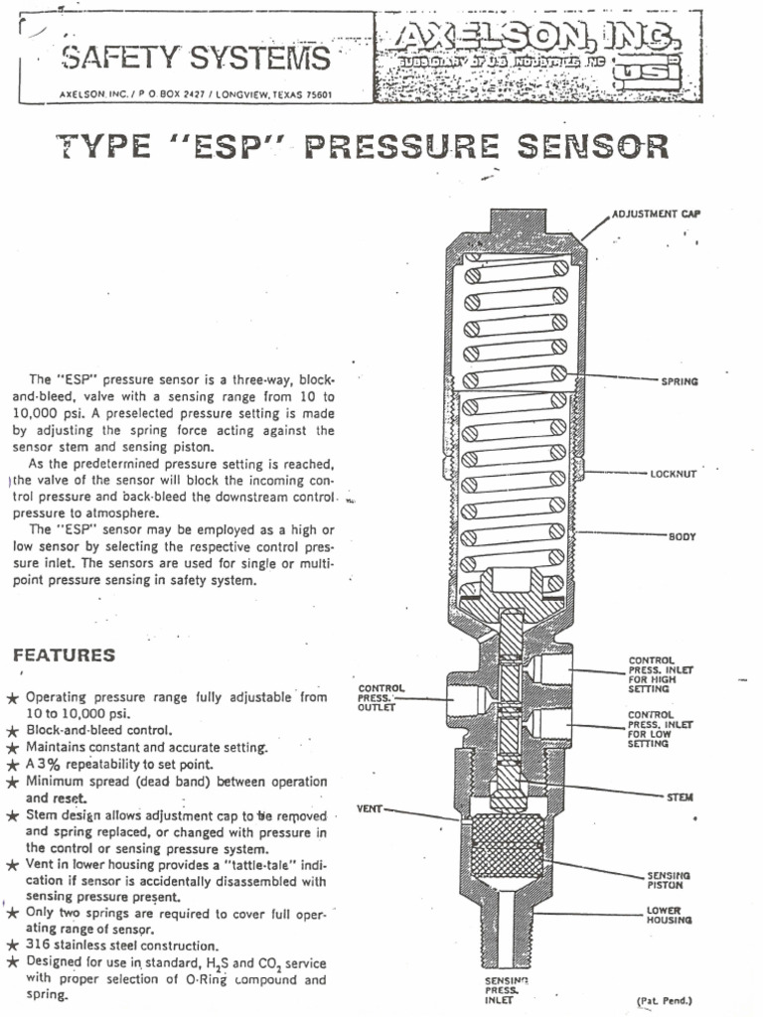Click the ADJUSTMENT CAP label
pos(657,214)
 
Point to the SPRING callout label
pos(680,381)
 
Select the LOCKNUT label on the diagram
pos(674,474)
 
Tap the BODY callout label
pos(682,536)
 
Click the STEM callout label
pos(680,797)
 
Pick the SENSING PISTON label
pos(669,880)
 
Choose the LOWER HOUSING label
pos(670,915)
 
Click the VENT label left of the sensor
pos(370,809)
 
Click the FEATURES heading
pos(64,655)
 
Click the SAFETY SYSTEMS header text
pos(196,60)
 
